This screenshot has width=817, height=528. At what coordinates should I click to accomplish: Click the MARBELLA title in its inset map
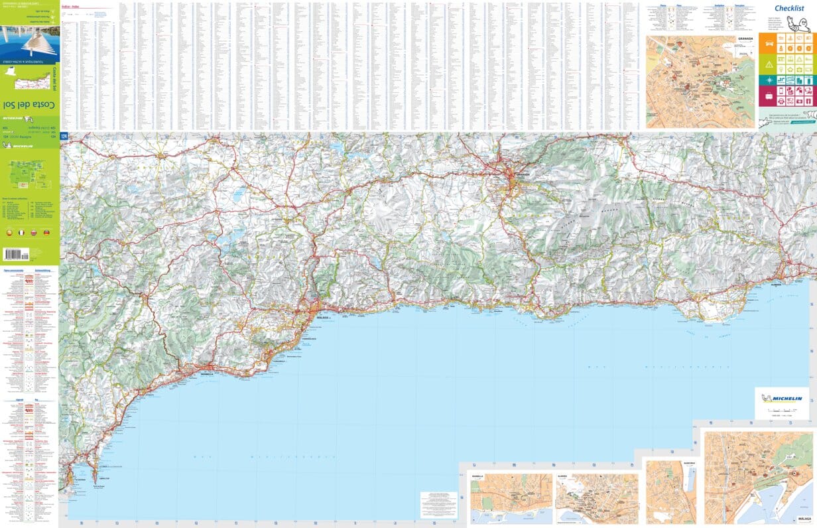point(478,476)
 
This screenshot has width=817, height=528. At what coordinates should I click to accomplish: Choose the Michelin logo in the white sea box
point(783,399)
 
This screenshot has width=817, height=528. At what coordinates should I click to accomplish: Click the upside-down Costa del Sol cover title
point(30,105)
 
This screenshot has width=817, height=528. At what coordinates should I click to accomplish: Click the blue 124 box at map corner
point(64,137)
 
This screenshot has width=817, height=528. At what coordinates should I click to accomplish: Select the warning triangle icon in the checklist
point(769,64)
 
